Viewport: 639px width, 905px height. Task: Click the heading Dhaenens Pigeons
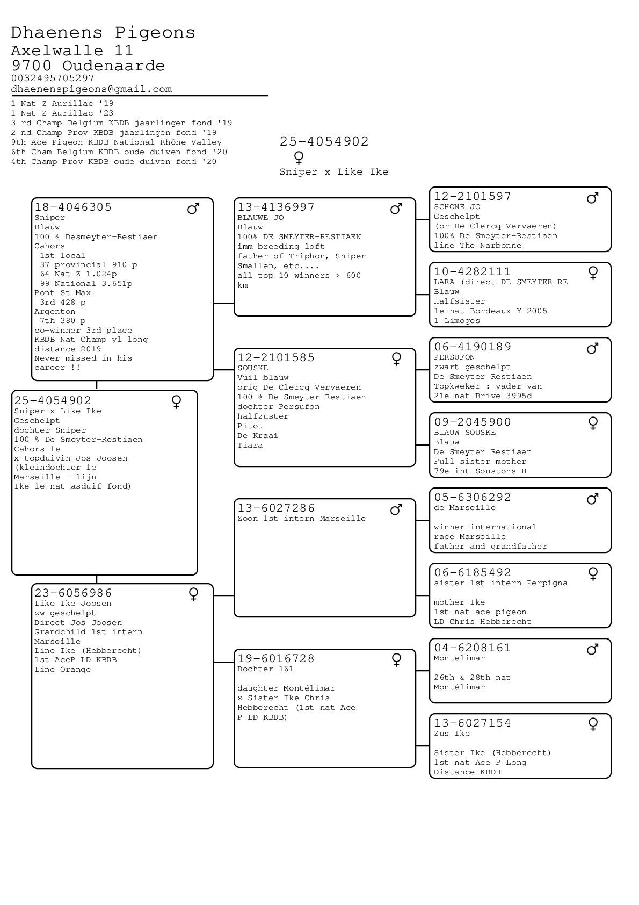103,32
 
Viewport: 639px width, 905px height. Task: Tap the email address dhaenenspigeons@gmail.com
91,89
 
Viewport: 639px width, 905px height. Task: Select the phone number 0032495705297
53,78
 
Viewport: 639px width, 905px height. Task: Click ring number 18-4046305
73,207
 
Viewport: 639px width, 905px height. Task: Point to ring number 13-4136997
276,207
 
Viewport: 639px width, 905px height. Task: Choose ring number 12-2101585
276,357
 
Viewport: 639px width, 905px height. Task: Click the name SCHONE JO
457,207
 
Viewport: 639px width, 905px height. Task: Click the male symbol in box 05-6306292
593,499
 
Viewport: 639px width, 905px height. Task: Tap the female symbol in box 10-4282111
593,273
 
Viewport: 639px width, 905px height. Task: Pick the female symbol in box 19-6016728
397,660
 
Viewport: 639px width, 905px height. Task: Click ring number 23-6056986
73,593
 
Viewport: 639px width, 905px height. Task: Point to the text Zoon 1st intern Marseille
301,519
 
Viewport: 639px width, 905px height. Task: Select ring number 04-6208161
473,648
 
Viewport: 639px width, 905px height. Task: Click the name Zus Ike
452,734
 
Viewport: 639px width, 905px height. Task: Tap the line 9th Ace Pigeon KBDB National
117,142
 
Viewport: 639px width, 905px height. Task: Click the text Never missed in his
83,358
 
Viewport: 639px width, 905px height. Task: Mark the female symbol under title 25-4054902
299,157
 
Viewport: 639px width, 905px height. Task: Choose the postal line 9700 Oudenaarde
88,66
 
